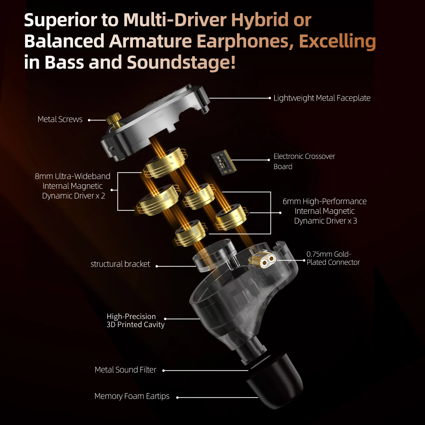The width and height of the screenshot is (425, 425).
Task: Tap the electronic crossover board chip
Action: tap(224, 162)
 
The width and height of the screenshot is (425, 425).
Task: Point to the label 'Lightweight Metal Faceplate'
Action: tap(322, 98)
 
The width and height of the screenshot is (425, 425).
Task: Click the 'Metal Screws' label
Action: tap(60, 119)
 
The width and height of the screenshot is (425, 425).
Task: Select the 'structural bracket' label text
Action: tap(120, 264)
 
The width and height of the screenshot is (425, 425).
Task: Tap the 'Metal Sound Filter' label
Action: tap(125, 370)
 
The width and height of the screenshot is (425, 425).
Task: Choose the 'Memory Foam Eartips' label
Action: tap(132, 396)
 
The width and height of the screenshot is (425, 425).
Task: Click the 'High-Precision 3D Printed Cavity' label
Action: tap(135, 321)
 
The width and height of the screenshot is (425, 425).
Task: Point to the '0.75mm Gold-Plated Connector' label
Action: tap(333, 258)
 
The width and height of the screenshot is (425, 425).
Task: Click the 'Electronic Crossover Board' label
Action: tap(304, 161)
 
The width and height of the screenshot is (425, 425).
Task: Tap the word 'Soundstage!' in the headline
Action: tap(181, 62)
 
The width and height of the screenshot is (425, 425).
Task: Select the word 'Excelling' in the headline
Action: tap(337, 41)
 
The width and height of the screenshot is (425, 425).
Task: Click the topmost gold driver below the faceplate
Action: tap(165, 162)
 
